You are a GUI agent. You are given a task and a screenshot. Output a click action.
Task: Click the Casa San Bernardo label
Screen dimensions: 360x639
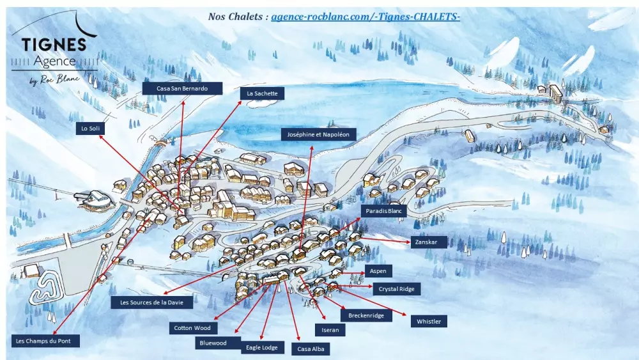click(182, 88)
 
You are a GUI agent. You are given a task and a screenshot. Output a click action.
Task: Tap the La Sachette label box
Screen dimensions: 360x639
click(262, 93)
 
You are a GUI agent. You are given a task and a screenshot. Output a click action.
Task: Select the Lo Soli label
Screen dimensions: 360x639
click(90, 128)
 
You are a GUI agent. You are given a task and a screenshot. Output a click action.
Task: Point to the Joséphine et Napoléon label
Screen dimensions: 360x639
click(318, 134)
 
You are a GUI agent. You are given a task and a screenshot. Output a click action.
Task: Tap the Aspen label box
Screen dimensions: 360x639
click(378, 271)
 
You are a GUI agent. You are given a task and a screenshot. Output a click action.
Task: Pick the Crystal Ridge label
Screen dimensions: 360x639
click(396, 289)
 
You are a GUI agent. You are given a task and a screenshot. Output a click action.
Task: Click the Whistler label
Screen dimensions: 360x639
click(429, 321)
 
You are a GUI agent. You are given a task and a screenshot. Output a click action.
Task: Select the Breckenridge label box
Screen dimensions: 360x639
click(366, 315)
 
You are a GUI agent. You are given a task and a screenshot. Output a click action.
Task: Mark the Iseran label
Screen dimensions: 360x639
click(330, 330)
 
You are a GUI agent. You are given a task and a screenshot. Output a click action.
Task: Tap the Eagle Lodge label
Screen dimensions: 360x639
click(262, 347)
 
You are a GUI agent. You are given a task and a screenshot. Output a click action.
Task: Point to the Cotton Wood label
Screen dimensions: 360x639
click(192, 328)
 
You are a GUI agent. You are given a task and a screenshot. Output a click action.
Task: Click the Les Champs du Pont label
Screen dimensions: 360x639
click(47, 341)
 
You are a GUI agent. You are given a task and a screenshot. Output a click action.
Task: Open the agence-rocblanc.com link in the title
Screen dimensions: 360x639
click(365, 17)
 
